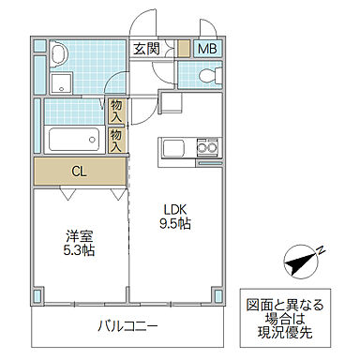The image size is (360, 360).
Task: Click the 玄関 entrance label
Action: click(146, 50)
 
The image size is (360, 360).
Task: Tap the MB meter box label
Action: click(209, 50)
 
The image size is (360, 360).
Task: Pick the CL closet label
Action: click(81, 172)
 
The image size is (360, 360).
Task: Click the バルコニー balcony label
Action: click(127, 326)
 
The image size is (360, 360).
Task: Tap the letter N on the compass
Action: click(321, 249)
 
